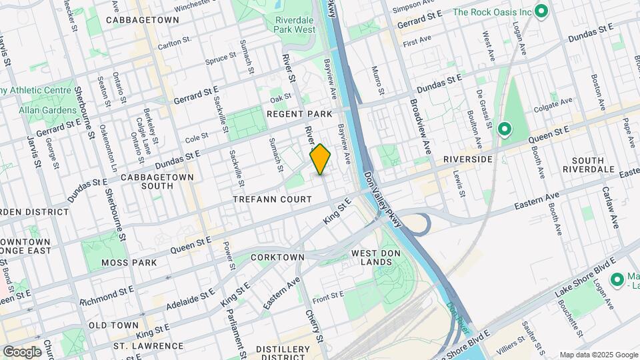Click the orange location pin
321,159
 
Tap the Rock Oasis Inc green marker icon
541,11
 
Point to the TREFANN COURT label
272,199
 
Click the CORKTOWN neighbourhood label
277,257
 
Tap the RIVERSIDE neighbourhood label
467,159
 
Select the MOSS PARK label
129,263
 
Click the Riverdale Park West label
294,25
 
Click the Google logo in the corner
22,351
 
